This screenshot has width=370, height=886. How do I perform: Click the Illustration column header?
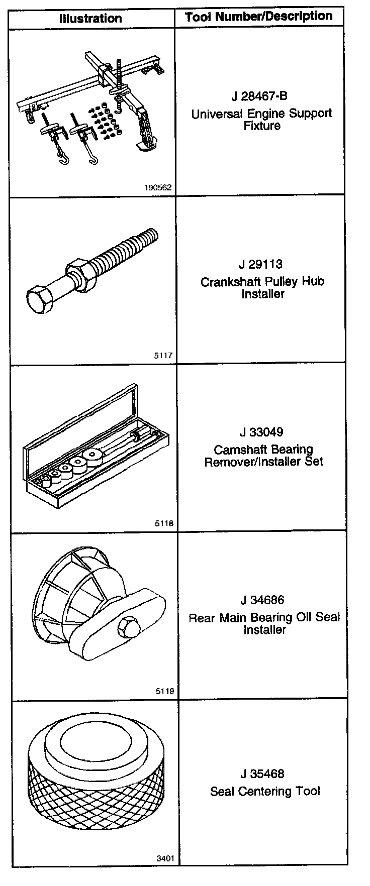point(90,19)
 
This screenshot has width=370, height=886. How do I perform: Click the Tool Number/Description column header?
point(258,17)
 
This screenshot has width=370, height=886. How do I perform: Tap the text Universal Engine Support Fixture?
point(261,120)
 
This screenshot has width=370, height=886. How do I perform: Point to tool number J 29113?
point(260,264)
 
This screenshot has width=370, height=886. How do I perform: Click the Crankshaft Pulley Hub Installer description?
point(262,288)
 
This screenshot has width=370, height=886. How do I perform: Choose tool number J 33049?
point(261,432)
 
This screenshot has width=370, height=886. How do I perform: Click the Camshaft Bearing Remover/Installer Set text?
point(263,456)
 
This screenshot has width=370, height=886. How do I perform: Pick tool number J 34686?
point(262,600)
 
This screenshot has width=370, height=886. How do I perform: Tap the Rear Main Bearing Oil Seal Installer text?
point(264,623)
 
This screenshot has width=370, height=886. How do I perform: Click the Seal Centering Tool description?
point(265,792)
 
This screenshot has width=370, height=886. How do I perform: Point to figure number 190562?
point(158,188)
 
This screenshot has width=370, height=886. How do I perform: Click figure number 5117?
point(163,356)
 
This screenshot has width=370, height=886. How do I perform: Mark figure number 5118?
point(164,523)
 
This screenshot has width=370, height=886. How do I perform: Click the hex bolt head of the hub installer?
point(39,301)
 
